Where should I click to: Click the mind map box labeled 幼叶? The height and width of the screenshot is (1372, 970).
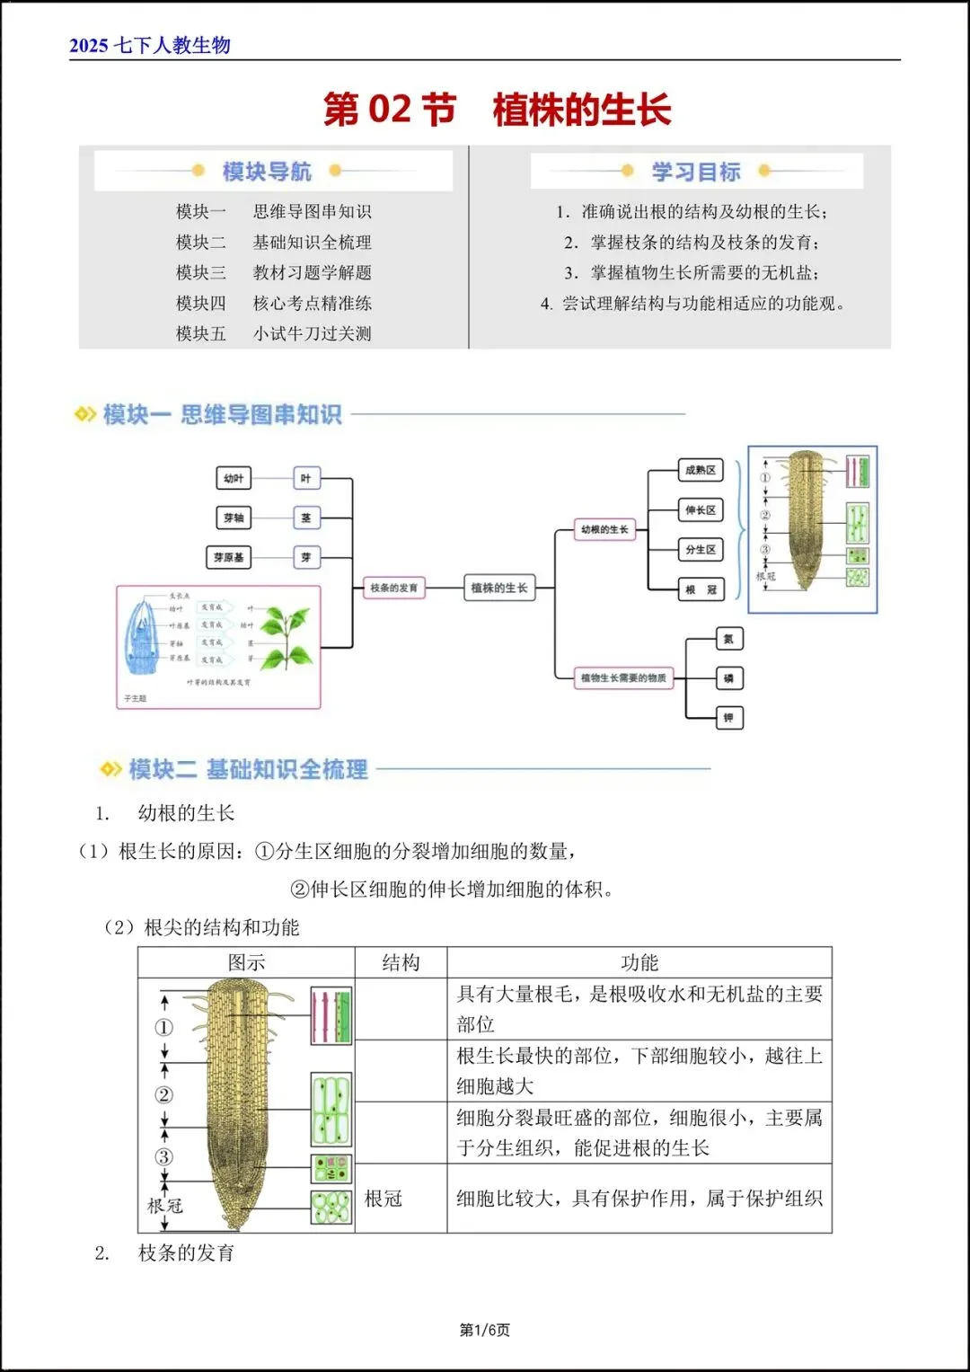pyautogui.click(x=234, y=478)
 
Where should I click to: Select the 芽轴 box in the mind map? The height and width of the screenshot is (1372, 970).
pyautogui.click(x=234, y=518)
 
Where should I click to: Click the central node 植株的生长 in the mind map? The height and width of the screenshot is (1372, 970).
pyautogui.click(x=498, y=588)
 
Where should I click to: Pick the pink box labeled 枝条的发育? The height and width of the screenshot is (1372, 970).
pyautogui.click(x=393, y=588)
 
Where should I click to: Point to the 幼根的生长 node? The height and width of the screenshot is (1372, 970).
pyautogui.click(x=604, y=530)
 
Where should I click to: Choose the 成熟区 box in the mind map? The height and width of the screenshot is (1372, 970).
pyautogui.click(x=701, y=470)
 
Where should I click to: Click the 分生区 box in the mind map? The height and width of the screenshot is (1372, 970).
pyautogui.click(x=701, y=549)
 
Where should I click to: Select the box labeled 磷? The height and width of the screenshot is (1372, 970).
pyautogui.click(x=728, y=678)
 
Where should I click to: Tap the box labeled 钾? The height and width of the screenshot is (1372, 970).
pyautogui.click(x=728, y=718)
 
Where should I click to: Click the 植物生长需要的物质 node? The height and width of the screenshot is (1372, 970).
pyautogui.click(x=623, y=678)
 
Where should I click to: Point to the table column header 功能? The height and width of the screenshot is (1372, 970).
pyautogui.click(x=639, y=962)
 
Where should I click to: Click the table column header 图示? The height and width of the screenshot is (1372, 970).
pyautogui.click(x=246, y=962)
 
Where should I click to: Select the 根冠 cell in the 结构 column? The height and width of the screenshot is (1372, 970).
pyautogui.click(x=384, y=1199)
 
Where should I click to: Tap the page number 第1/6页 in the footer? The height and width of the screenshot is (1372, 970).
pyautogui.click(x=484, y=1330)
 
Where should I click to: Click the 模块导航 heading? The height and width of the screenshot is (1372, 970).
pyautogui.click(x=267, y=171)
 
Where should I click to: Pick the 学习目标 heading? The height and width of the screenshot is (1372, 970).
pyautogui.click(x=696, y=171)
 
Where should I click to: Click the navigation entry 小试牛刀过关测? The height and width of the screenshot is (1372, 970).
pyautogui.click(x=312, y=333)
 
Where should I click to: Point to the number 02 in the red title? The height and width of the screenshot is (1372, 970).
pyautogui.click(x=390, y=110)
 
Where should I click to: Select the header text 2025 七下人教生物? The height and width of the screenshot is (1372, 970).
pyautogui.click(x=150, y=45)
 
